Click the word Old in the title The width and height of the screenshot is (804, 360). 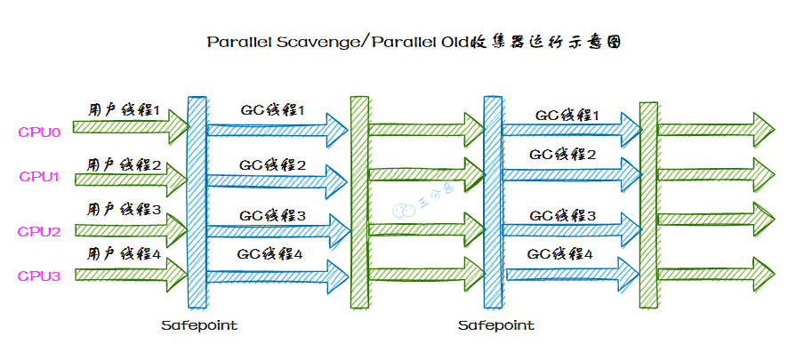pos(454,42)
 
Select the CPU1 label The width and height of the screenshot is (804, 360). pos(39,177)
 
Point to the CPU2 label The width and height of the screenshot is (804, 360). pos(39,231)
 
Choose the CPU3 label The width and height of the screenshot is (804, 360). pos(39,276)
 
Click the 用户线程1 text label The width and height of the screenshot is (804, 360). pos(125,112)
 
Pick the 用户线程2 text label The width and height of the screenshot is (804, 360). pos(125,164)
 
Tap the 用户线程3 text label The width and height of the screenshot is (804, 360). pos(125,210)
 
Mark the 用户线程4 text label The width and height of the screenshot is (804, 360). pos(125,254)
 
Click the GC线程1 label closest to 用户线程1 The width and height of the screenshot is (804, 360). pos(273,110)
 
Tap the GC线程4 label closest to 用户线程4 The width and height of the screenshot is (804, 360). pos(271,254)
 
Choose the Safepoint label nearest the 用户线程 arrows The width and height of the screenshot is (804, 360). pos(199,325)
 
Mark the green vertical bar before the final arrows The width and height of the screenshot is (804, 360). pos(648,204)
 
